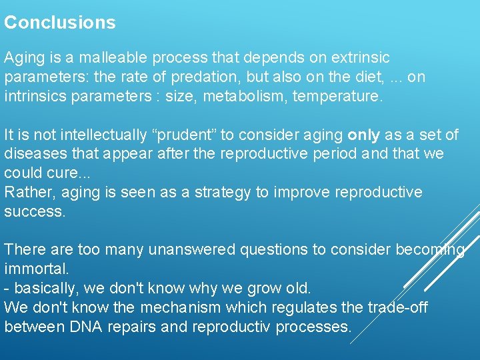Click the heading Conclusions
(x=60, y=23)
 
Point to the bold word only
(x=364, y=135)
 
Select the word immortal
(x=36, y=269)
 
